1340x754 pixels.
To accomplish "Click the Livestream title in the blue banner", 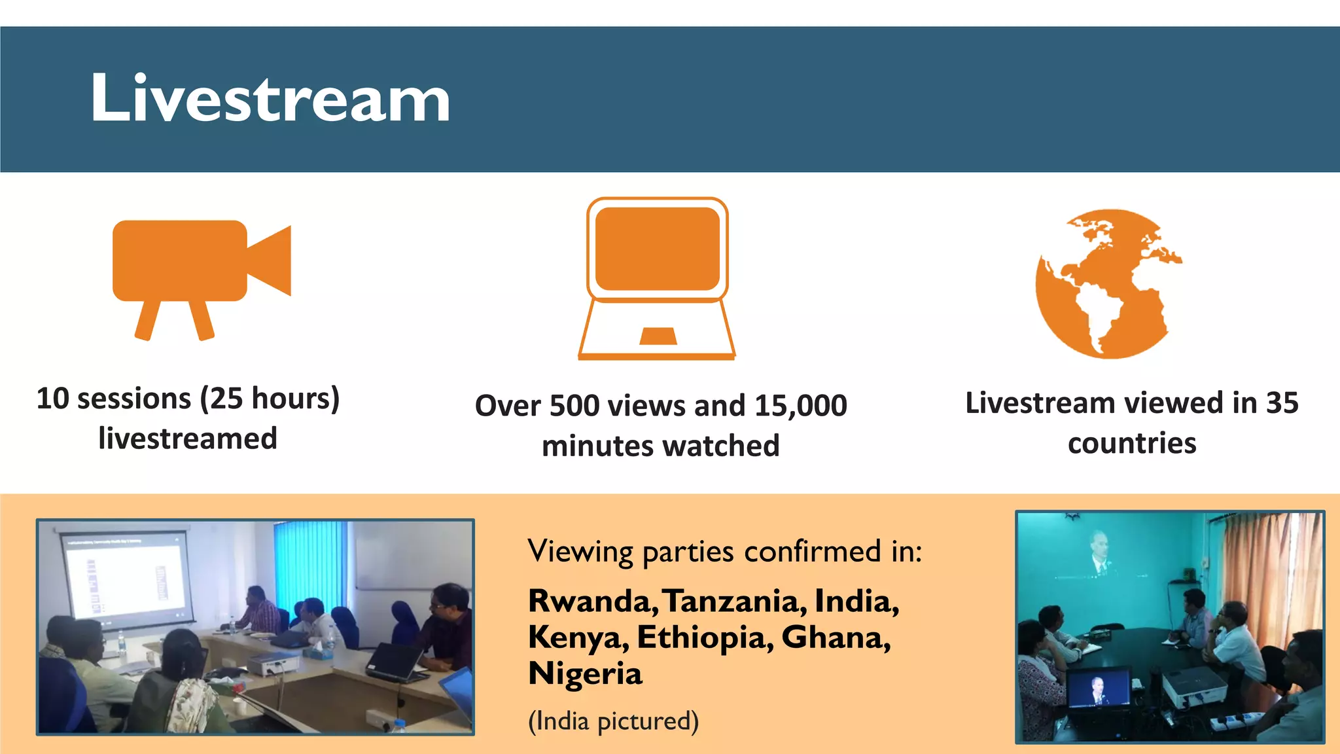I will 270,98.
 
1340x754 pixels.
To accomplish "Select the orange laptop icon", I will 657,278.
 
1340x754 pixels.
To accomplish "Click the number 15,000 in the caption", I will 801,406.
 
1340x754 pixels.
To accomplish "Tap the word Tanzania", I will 735,601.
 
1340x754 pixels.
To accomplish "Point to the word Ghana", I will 835,638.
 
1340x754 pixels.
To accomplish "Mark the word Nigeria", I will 585,674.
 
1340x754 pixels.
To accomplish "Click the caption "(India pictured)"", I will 613,721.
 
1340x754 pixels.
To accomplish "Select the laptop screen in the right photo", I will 1099,688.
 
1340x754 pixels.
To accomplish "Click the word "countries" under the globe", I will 1132,444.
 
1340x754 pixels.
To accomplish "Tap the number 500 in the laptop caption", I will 574,406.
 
